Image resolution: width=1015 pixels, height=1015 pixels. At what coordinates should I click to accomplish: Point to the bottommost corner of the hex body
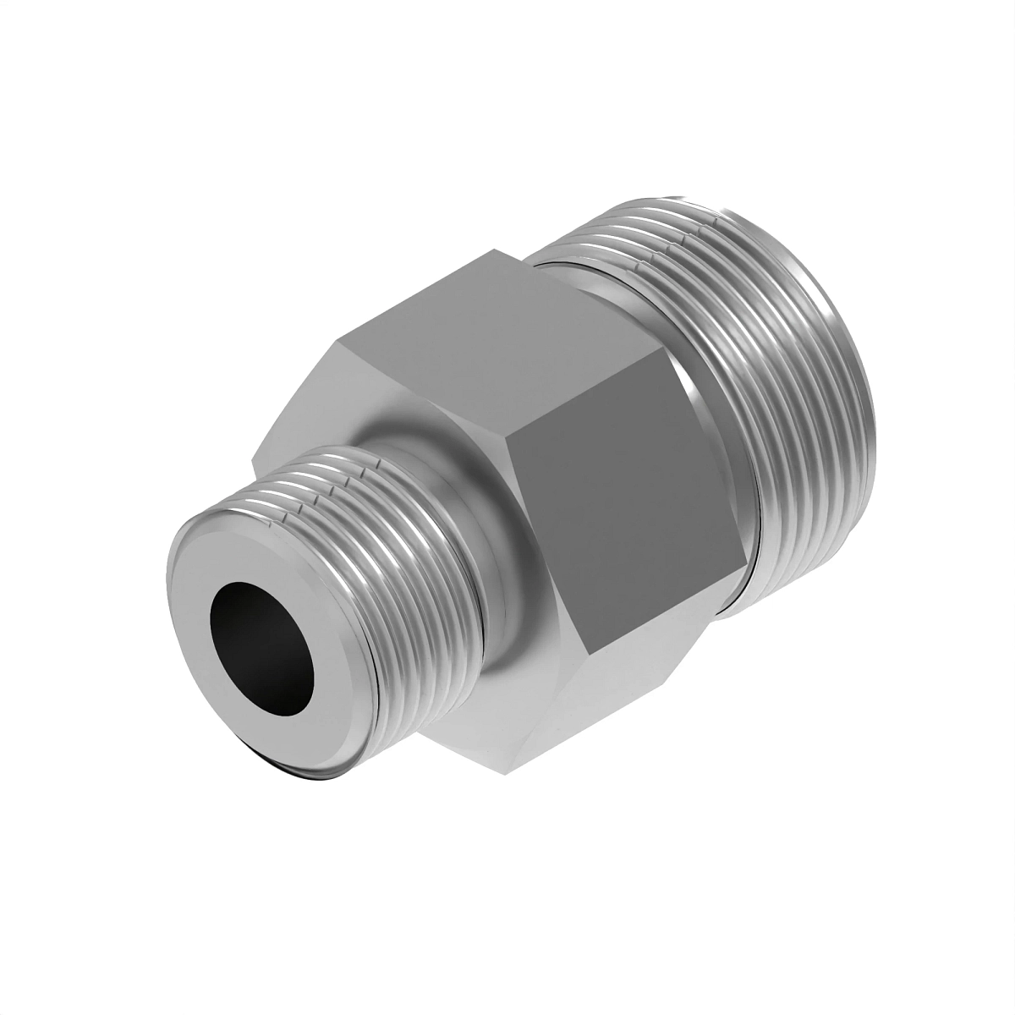pos(507,770)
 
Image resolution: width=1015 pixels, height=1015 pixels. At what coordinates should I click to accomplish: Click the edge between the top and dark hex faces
pos(592,376)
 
